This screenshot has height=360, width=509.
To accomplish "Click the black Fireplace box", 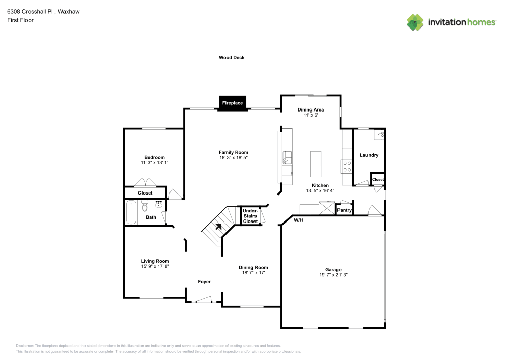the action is coord(233,103).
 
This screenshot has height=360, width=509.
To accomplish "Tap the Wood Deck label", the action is coord(232,58).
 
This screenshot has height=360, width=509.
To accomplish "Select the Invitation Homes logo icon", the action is coord(415,22).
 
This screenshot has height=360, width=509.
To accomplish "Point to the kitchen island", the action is coord(316,164).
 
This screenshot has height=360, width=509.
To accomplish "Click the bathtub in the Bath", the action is coord(131,212).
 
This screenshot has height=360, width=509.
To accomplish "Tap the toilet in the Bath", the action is coord(145,205).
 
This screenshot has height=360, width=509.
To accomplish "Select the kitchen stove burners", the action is coord(347,167).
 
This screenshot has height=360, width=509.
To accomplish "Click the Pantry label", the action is coord(344,210).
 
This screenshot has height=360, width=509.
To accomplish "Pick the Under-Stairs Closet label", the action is coord(250,216).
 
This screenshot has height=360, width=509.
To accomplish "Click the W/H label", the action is coord(298,220).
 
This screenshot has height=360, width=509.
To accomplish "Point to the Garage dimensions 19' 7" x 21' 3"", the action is coord(333,275).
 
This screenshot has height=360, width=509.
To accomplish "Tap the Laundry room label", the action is coord(369,155).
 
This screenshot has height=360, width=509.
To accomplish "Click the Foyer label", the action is coord(204,282).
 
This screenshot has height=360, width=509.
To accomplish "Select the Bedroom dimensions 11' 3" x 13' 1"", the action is coord(155,162).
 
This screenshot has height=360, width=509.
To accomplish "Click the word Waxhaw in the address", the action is coord(69,12).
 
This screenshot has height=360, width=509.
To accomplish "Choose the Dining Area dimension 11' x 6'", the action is coord(310,115).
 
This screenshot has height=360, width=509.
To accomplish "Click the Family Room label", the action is coord(234,152).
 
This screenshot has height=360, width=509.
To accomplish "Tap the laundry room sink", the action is coord(379,135).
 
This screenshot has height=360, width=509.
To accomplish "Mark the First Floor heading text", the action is coord(20,20).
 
